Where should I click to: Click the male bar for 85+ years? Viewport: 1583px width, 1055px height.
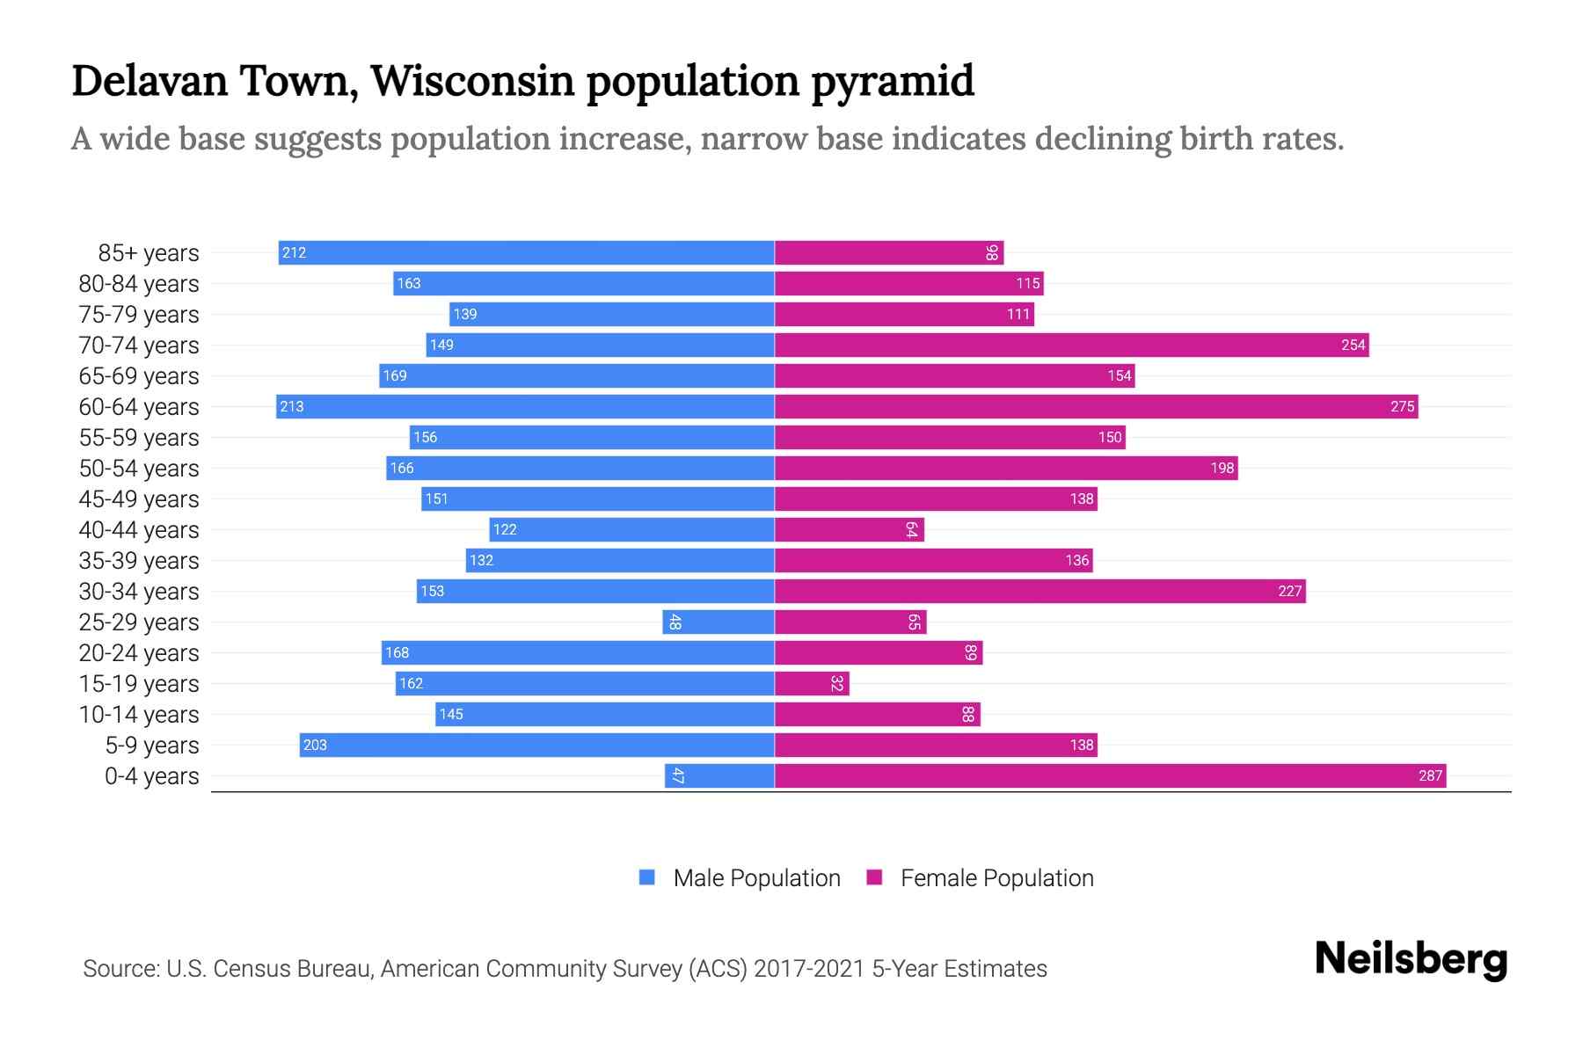526,253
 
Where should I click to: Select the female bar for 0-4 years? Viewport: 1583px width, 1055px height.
1110,776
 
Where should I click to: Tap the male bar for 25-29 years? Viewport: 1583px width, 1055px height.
719,622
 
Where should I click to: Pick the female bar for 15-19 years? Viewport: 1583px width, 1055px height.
812,684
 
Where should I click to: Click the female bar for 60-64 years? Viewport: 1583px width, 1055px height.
1096,407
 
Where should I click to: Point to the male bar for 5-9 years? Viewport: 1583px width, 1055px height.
536,746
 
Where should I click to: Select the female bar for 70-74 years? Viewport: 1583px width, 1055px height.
1071,346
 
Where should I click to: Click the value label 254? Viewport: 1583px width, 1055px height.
1353,346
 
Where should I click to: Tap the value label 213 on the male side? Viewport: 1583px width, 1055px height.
292,407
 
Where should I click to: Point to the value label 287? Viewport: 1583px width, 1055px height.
1430,776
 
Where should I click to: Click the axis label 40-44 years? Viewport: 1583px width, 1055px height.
139,530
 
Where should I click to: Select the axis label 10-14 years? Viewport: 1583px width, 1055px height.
139,715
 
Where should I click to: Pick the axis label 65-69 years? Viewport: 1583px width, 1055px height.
139,376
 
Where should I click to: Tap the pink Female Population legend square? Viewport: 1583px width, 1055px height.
874,877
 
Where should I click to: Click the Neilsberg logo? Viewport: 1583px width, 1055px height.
1411,959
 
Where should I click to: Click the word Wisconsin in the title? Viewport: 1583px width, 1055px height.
473,81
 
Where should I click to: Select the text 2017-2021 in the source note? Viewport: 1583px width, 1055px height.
809,969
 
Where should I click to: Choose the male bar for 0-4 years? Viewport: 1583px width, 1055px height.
719,776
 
